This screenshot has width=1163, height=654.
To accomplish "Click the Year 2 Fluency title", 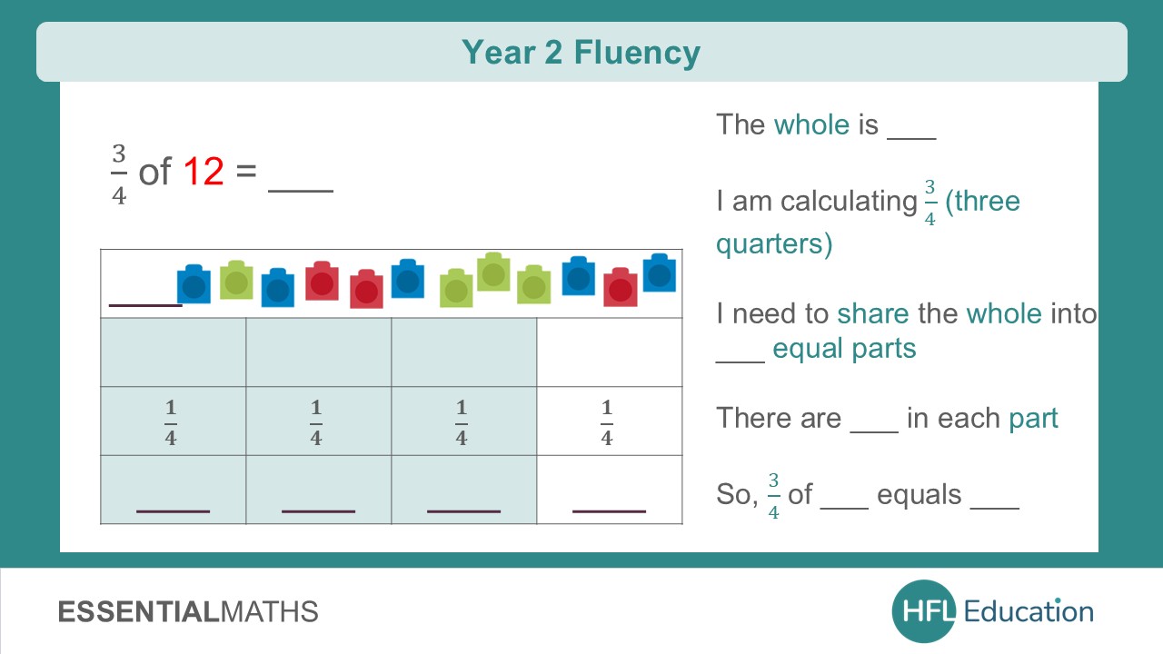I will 581,52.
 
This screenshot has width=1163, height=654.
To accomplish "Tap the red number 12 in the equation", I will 204,171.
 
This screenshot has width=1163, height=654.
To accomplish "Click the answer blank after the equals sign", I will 301,186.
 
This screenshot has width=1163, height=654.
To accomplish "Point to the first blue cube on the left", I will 194,283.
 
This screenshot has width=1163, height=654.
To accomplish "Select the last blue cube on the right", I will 659,272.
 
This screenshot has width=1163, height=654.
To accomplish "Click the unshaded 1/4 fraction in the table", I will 607,422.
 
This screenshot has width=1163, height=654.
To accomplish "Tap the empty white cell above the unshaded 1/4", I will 609,352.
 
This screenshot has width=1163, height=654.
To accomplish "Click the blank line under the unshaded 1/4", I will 609,510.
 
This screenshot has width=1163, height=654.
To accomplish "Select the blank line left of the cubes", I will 144,303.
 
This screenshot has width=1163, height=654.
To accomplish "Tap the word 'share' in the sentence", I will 872,313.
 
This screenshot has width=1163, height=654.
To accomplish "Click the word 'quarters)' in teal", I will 774,244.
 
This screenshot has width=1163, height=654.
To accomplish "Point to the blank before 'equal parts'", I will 741,359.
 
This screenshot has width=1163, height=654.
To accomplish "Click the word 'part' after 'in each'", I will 1033,418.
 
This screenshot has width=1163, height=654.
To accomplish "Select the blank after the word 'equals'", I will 995,505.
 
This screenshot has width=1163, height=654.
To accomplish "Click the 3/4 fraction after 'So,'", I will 773,495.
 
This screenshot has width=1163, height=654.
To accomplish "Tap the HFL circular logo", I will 923,611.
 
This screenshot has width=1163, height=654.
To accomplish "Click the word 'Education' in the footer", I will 1029,611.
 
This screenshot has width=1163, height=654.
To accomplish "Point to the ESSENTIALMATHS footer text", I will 188,611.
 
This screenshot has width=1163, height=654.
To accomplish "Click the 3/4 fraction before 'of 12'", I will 119,173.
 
